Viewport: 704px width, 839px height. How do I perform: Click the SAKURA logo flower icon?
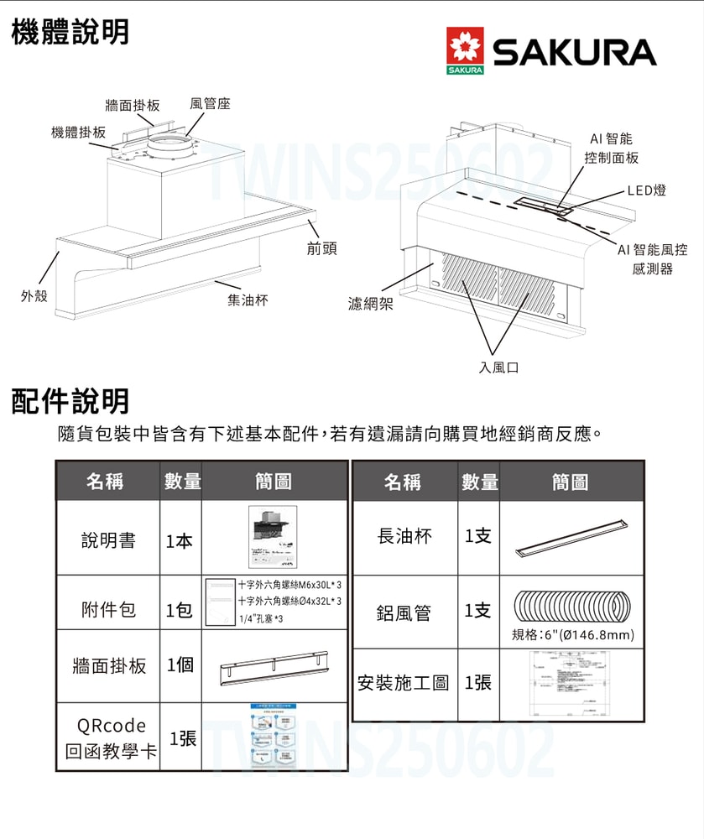click(466, 52)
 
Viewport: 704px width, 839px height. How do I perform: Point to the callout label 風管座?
click(210, 103)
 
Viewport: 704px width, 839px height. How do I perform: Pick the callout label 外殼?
click(34, 296)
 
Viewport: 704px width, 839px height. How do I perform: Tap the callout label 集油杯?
click(248, 300)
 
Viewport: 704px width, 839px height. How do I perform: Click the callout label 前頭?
click(322, 248)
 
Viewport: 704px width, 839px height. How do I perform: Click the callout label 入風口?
click(499, 367)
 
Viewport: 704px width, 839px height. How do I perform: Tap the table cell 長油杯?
click(405, 536)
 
